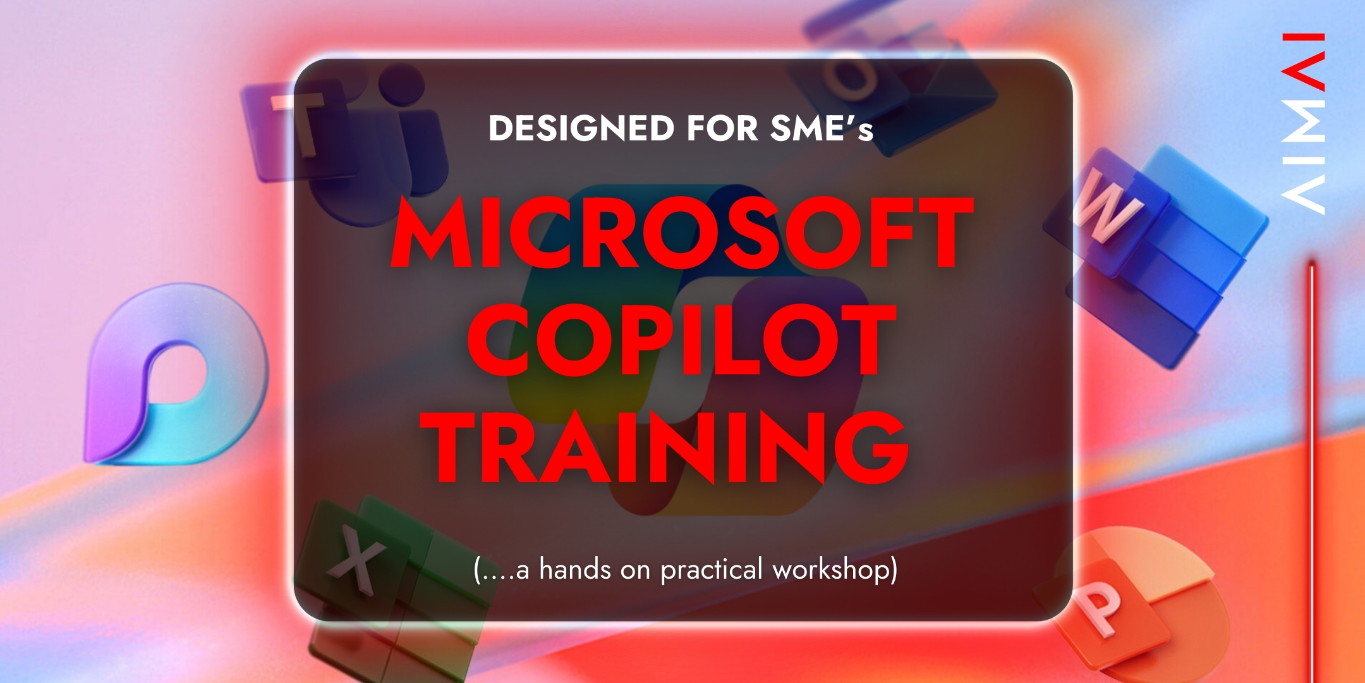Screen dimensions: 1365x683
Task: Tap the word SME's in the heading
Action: pyautogui.click(x=822, y=128)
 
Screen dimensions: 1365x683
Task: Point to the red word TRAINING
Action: pyautogui.click(x=665, y=446)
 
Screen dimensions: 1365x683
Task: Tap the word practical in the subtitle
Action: pyautogui.click(x=712, y=570)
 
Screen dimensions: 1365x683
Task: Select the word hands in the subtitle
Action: pyautogui.click(x=575, y=569)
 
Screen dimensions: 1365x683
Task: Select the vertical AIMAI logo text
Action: pyautogui.click(x=1303, y=123)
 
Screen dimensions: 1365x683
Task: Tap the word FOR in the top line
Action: pyautogui.click(x=722, y=128)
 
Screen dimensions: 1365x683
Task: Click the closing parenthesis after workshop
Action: pyautogui.click(x=892, y=570)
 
